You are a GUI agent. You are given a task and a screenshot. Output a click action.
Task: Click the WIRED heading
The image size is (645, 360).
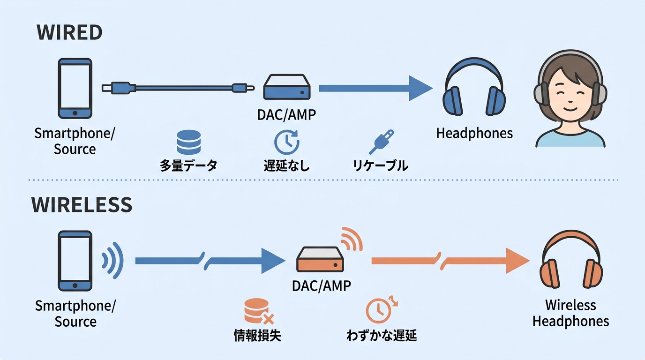pyautogui.click(x=69, y=32)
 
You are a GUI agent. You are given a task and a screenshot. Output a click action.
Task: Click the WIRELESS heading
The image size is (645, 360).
pyautogui.click(x=82, y=205)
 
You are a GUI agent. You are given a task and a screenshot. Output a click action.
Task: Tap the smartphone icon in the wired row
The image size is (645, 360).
pyautogui.click(x=75, y=88)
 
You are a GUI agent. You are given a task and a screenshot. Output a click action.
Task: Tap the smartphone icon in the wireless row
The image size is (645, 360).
pyautogui.click(x=75, y=261)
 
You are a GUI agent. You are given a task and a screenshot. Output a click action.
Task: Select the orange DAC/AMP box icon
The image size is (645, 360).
pyautogui.click(x=321, y=260)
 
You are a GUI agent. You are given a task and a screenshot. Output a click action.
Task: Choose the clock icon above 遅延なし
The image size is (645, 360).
pyautogui.click(x=286, y=142)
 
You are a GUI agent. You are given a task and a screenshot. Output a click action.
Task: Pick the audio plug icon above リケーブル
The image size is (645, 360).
pyautogui.click(x=381, y=142)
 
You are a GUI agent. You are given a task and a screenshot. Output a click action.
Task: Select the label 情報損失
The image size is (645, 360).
pyautogui.click(x=257, y=336)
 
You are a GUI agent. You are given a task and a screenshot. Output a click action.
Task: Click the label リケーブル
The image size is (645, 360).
pyautogui.click(x=380, y=165)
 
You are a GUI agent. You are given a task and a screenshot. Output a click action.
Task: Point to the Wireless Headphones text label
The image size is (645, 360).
pyautogui.click(x=570, y=313)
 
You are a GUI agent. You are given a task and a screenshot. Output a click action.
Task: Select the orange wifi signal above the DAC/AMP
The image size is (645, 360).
pyautogui.click(x=351, y=238)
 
